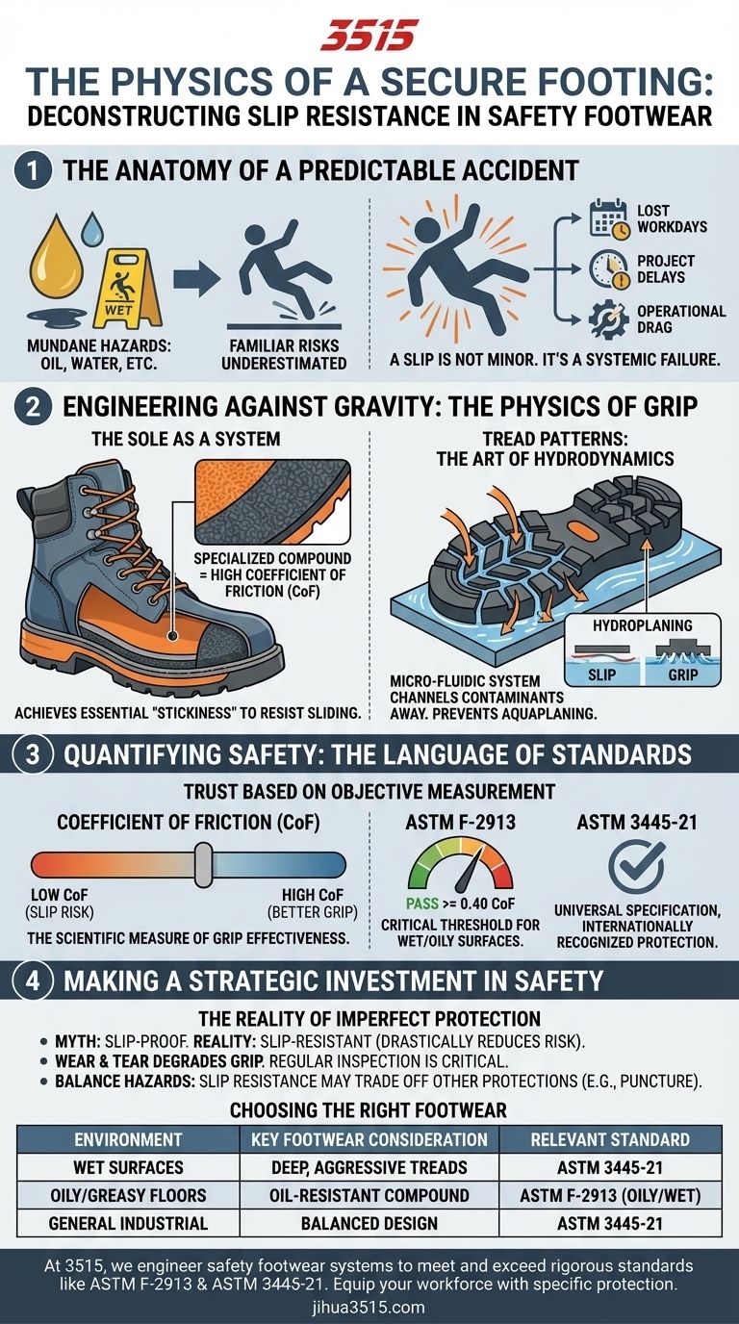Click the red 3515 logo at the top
tap(369, 36)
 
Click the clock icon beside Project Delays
tap(608, 270)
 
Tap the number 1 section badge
tap(33, 171)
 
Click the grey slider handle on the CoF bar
tap(203, 865)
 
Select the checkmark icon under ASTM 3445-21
tap(636, 867)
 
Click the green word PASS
tap(422, 904)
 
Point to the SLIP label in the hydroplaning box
tap(601, 675)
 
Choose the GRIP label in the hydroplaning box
tap(683, 675)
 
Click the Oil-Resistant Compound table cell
tap(369, 1195)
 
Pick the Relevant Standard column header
tap(610, 1139)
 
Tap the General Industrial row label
tap(128, 1223)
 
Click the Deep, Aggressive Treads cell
tap(369, 1167)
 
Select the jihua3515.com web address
tap(369, 1307)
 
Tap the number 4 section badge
tap(33, 980)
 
